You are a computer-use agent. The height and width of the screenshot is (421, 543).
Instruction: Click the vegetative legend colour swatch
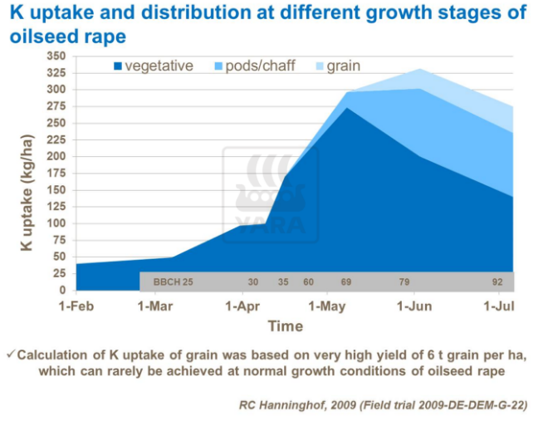pos(117,66)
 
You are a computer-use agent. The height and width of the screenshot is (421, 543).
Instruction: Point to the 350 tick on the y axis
pos(56,56)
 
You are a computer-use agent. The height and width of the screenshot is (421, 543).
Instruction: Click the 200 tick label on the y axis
pos(56,156)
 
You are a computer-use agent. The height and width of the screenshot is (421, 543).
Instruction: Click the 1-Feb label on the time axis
pos(76,306)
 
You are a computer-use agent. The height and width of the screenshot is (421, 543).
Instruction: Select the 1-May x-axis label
pos(326,306)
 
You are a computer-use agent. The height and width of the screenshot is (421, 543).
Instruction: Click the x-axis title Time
pos(285,326)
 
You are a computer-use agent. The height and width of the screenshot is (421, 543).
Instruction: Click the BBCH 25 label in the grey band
pos(173,282)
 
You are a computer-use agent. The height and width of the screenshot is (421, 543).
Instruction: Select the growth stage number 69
pos(345,282)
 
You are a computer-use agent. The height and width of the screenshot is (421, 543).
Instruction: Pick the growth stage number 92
pos(497,282)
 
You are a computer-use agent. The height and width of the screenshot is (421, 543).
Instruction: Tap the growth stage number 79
pos(404,282)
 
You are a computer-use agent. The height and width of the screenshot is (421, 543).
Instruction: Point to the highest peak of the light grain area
pos(420,69)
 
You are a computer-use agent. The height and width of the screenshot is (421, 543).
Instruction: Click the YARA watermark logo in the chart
pos(270,196)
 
